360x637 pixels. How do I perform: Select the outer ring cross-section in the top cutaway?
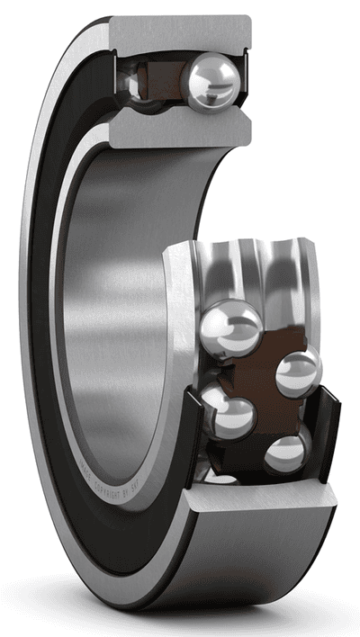coord(180,31)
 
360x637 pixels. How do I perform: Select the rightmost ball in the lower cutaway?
coord(297,372)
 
